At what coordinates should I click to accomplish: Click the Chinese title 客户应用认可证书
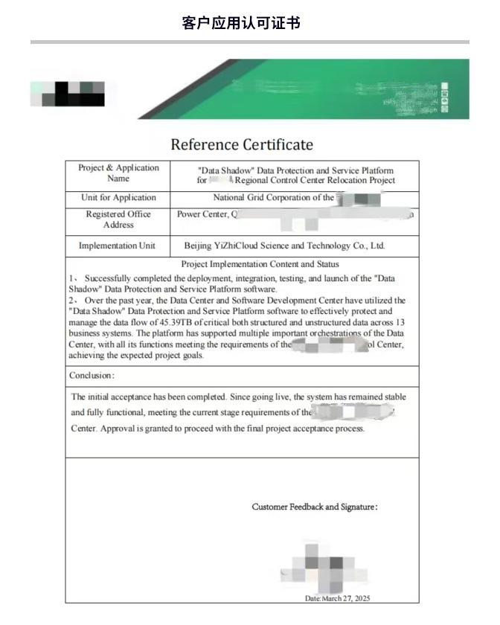241,22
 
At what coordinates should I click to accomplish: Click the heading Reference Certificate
242,144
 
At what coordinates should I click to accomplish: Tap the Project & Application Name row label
118,173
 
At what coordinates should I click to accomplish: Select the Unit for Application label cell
118,198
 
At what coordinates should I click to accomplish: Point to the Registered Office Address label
118,219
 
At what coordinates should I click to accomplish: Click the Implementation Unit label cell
118,246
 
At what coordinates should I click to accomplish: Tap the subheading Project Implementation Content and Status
260,264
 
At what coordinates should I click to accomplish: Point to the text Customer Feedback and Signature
314,507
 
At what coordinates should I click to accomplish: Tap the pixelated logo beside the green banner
68,92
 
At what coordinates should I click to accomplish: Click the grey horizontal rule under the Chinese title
250,42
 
